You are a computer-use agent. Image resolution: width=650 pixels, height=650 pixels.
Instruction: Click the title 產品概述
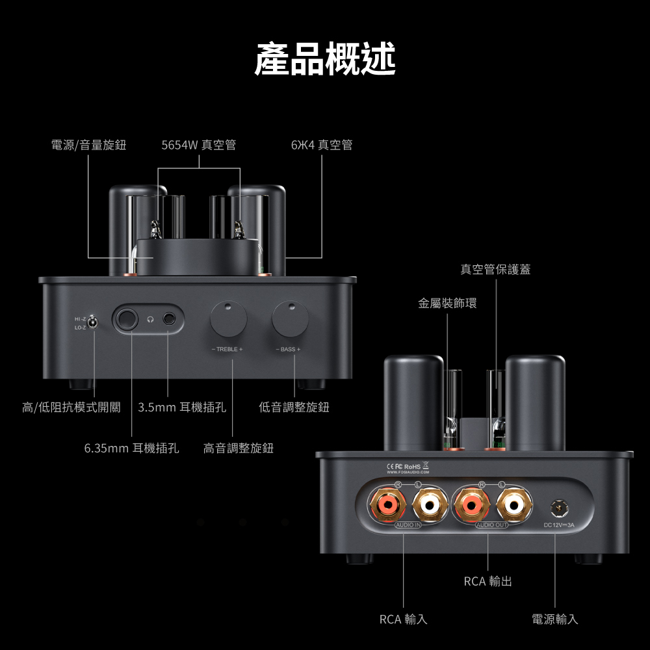[x=324, y=59]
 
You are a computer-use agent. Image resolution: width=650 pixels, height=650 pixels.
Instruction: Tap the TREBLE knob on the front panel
[x=228, y=319]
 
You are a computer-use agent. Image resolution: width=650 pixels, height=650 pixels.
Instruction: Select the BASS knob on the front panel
[x=291, y=318]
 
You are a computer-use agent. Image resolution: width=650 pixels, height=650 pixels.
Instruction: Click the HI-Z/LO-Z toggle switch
[x=93, y=322]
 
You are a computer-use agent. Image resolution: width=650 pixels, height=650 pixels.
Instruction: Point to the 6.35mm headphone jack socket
[x=127, y=319]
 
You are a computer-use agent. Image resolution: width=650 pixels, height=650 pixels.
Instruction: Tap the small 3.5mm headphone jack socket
[x=170, y=319]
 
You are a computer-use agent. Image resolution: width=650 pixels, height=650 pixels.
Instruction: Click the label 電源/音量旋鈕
[x=89, y=145]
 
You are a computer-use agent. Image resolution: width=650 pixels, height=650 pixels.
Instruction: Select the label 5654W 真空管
[x=199, y=145]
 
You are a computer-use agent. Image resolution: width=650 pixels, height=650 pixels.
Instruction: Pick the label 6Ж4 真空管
[x=322, y=145]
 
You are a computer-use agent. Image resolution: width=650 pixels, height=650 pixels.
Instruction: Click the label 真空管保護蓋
[x=495, y=269]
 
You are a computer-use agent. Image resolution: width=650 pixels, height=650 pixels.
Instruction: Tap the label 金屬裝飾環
[x=447, y=303]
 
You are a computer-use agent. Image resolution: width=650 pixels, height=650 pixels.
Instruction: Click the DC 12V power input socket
[x=556, y=507]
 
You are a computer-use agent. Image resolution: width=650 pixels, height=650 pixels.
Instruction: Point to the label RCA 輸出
[x=488, y=581]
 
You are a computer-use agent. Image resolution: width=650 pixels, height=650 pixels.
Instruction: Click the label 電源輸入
[x=555, y=619]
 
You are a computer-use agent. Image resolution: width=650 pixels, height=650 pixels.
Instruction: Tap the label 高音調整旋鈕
[x=239, y=448]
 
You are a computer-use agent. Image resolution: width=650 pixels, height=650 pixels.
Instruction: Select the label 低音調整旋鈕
[x=294, y=407]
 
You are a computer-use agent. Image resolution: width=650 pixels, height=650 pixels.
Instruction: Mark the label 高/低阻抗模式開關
[x=71, y=407]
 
